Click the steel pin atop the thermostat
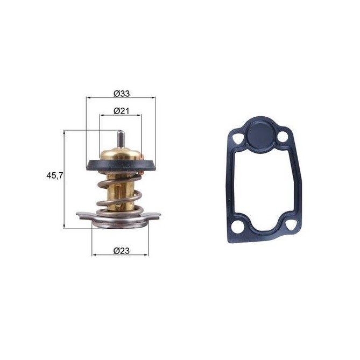[x=121, y=137]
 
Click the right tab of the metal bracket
[x=157, y=217]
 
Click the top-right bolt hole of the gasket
[x=284, y=139]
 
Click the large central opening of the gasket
[x=263, y=188]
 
